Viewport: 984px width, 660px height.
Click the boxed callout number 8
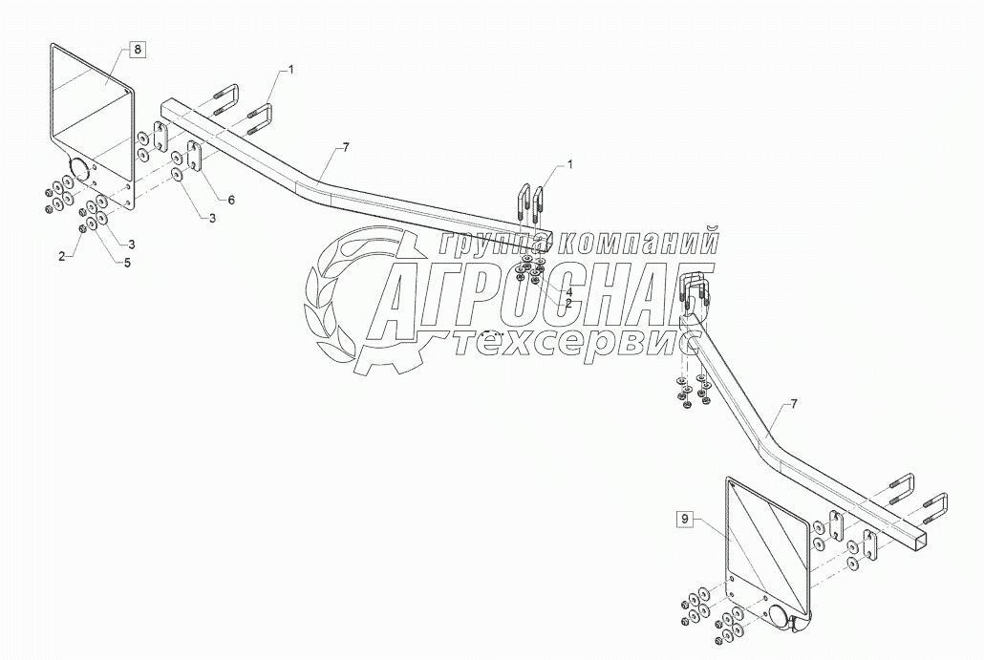[x=137, y=50]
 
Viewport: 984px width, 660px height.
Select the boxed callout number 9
[x=684, y=519]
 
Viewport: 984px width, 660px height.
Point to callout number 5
[x=126, y=262]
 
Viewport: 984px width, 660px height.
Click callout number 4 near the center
[x=568, y=290]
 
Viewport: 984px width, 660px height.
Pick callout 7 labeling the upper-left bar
[x=346, y=147]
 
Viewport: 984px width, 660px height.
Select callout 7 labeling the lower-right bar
[x=792, y=405]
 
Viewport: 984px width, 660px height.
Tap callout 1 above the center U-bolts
[x=570, y=164]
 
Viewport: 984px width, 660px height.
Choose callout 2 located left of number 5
[x=61, y=256]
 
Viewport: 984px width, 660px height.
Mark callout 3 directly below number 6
[x=212, y=218]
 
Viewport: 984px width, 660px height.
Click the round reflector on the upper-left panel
[x=75, y=173]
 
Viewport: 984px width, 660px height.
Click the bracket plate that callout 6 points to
[x=195, y=159]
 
